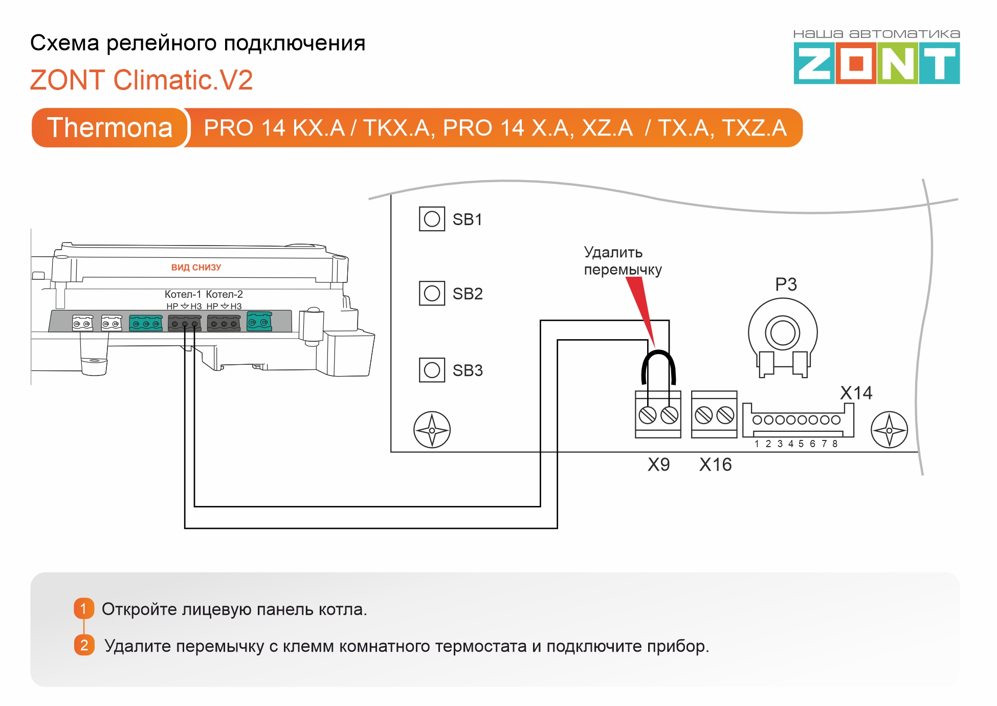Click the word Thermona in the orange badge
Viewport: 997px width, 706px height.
point(110,127)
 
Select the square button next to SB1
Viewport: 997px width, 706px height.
point(432,219)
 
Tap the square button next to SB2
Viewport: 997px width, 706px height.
point(432,293)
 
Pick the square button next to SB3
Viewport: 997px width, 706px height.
point(432,370)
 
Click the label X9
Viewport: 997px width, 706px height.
point(658,465)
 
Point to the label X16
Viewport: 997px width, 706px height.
point(715,465)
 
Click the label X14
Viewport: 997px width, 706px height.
point(856,393)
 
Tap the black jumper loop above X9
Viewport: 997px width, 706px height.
point(659,352)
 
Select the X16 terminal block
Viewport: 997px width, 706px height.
point(714,414)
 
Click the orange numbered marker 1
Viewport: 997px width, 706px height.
point(84,609)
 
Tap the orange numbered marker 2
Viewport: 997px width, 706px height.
point(84,645)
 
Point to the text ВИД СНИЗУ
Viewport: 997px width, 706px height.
point(196,268)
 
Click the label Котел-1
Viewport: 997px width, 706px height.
point(183,294)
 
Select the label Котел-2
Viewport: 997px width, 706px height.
point(224,294)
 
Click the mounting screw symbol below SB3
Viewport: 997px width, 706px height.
point(432,430)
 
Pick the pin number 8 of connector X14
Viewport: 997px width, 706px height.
point(835,444)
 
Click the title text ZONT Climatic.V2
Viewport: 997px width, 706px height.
point(142,80)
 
